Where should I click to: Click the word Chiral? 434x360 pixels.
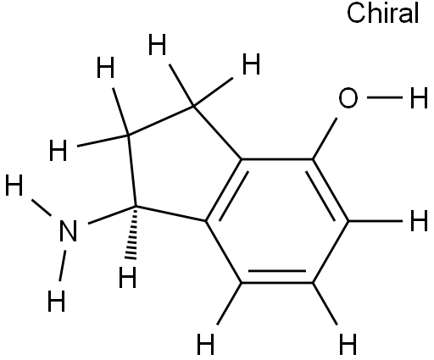[x=382, y=14]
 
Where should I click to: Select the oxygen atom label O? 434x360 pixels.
[x=348, y=98]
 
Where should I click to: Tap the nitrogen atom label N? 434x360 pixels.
[x=69, y=231]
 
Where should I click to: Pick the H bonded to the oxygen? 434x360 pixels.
[x=419, y=98]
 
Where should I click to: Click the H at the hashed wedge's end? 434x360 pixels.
[x=128, y=278]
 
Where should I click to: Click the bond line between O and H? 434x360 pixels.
[x=385, y=97]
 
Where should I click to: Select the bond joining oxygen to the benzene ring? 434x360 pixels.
[x=325, y=139]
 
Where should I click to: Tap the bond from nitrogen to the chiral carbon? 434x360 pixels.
[x=112, y=215]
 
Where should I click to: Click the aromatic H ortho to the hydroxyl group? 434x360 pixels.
[x=419, y=221]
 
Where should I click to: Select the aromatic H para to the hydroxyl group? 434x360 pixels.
[x=205, y=344]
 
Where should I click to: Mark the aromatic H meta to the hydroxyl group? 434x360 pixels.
[x=348, y=344]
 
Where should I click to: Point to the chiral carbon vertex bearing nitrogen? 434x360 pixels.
[x=136, y=207]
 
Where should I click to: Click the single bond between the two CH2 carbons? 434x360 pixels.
[x=161, y=121]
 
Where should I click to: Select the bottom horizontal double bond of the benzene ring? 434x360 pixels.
[x=277, y=277]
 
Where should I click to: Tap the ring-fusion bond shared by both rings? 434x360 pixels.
[x=224, y=190]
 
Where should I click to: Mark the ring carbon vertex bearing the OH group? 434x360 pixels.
[x=313, y=159]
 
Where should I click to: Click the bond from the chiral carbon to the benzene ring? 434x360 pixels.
[x=171, y=213]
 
